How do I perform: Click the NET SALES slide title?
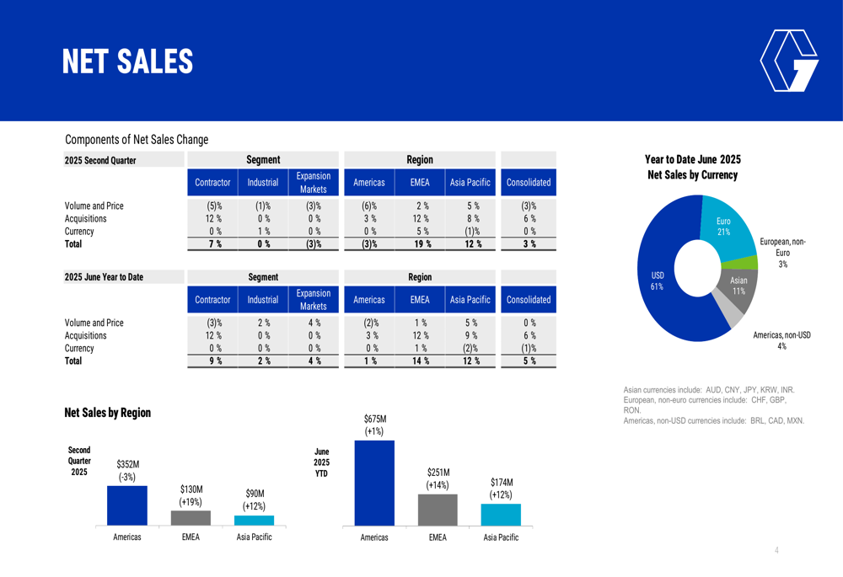(127, 61)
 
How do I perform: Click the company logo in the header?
(788, 61)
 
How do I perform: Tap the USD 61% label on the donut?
(658, 280)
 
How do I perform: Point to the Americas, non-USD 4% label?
(781, 340)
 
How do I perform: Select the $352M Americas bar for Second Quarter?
(127, 505)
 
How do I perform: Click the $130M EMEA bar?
(191, 518)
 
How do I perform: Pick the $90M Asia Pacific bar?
(254, 521)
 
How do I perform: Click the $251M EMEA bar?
(438, 510)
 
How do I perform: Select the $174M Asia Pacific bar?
(501, 515)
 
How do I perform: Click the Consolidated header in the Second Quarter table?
(529, 182)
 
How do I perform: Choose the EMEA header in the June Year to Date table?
(420, 300)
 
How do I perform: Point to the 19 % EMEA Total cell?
(420, 244)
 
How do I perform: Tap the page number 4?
(776, 551)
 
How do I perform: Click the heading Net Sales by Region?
(107, 413)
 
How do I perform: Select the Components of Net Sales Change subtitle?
(137, 140)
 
